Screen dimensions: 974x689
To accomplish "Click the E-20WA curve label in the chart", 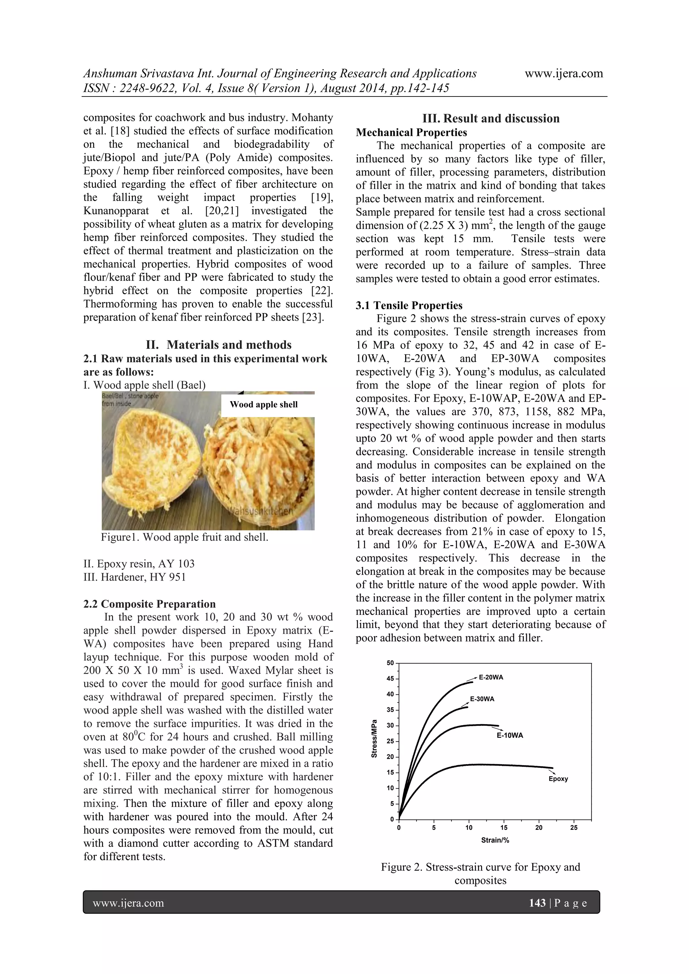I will coord(491,677).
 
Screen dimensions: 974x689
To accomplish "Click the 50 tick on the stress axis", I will coord(390,663).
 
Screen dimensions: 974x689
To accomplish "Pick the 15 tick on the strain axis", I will coord(504,828).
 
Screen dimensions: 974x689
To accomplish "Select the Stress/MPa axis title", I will coord(374,739).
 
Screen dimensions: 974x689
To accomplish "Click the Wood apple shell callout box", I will coord(263,405).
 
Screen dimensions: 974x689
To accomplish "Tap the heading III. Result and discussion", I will coord(491,118).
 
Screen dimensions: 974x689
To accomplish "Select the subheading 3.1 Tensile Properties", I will coord(409,305).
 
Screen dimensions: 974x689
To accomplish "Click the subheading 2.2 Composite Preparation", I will coord(149,604).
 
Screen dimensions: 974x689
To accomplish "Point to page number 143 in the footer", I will coord(537,903).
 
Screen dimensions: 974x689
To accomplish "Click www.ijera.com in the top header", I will coord(564,73).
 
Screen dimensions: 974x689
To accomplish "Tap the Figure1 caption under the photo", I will coord(185,537).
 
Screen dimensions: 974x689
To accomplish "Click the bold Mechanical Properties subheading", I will coord(411,133).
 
